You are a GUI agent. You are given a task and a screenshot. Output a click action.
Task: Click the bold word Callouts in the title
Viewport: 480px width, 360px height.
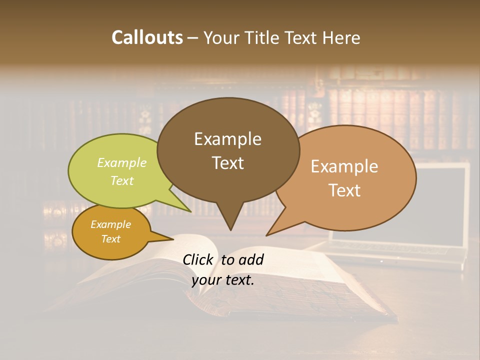[x=147, y=37]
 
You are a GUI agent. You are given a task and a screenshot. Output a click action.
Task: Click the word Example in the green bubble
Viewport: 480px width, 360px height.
[x=122, y=162]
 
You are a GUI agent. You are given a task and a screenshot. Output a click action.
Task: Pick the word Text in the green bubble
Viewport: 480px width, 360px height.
[x=122, y=180]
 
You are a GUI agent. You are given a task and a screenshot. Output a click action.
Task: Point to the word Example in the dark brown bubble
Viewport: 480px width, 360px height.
[x=227, y=138]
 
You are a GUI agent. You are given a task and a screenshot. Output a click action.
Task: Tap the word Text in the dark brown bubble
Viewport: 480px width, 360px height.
[x=227, y=162]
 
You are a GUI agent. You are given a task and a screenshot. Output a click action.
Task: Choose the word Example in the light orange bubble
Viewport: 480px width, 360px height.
[x=344, y=166]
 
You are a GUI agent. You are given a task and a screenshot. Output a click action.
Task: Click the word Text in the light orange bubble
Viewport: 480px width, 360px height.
[x=344, y=190]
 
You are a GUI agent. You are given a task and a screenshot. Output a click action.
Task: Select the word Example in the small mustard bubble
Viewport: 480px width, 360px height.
[x=110, y=224]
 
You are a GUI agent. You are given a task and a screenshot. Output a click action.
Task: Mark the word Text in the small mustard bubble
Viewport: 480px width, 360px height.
[x=110, y=238]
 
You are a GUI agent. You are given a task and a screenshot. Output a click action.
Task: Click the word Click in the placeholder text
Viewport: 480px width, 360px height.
[x=198, y=259]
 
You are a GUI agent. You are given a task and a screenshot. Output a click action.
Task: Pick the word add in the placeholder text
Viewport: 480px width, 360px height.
[x=251, y=259]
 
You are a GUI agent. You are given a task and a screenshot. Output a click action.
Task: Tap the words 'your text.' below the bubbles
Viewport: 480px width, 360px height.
[x=223, y=279]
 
